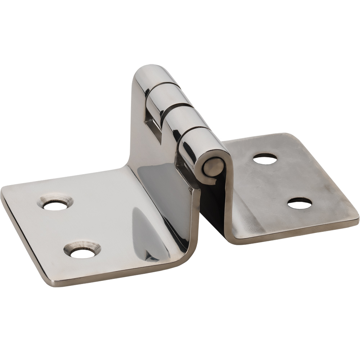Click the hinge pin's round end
pos(213,167)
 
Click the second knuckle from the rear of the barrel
pos(164,94)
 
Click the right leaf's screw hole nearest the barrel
pos(265,159)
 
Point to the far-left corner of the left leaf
pos(3,191)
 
